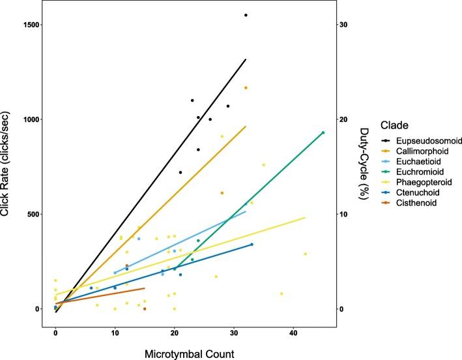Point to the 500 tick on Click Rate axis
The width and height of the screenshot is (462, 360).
click(x=36, y=214)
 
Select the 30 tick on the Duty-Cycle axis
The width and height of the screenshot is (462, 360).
click(x=343, y=25)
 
